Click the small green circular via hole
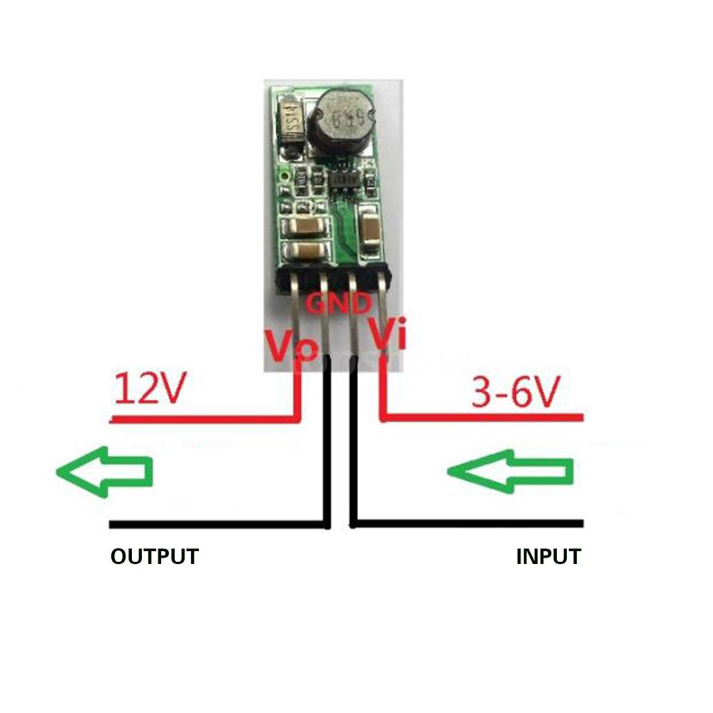(x=285, y=174)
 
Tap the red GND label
(x=339, y=305)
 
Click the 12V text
(x=150, y=389)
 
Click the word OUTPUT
(x=154, y=556)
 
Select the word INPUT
(x=548, y=556)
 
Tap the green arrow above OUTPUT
(x=105, y=471)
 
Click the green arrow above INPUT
(x=511, y=471)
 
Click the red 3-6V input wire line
(x=485, y=418)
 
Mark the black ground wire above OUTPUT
(x=214, y=525)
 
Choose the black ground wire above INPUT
(x=471, y=524)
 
